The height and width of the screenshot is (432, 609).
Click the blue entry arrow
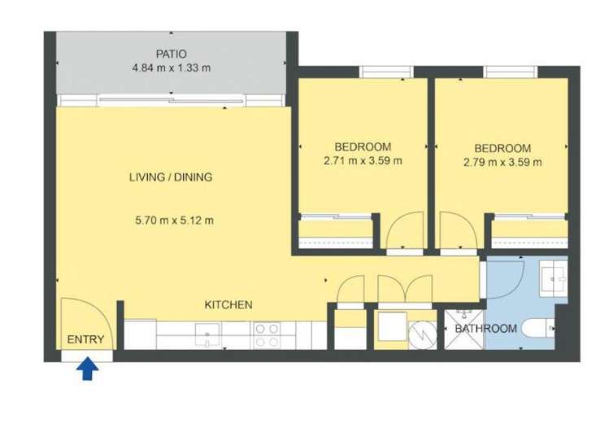coord(89,371)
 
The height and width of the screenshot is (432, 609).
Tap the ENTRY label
coord(85,340)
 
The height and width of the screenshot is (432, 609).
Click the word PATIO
coord(172,54)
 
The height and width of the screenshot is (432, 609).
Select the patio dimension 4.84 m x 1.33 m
coord(172,68)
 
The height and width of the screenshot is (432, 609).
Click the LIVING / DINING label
coord(171,177)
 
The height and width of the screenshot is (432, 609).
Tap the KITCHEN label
coord(228,305)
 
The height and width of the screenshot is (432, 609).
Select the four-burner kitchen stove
coord(268,334)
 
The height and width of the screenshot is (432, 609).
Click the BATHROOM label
coord(485,329)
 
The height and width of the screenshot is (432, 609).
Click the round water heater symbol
coord(422,334)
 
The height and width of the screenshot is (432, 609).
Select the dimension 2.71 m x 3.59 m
coord(363,161)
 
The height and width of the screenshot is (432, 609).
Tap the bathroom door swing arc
coord(505,277)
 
